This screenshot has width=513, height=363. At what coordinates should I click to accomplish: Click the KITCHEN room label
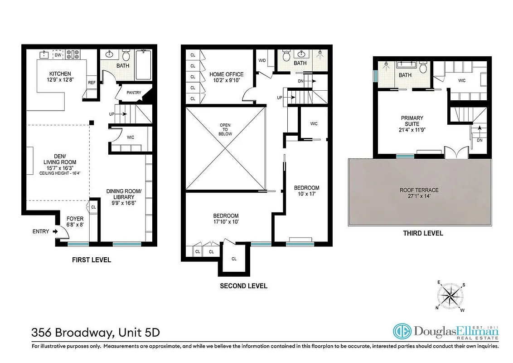pyautogui.click(x=60, y=74)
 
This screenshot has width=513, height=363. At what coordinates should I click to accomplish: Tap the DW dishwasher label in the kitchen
pyautogui.click(x=58, y=55)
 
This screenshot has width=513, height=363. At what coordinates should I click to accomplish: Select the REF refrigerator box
pyautogui.click(x=92, y=83)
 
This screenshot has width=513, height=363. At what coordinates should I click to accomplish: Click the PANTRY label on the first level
pyautogui.click(x=134, y=93)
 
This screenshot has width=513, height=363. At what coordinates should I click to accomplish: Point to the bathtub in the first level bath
pyautogui.click(x=144, y=66)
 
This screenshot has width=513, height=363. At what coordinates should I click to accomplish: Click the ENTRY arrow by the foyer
pyautogui.click(x=55, y=231)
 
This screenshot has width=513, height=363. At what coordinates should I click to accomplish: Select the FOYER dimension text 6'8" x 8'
pyautogui.click(x=75, y=225)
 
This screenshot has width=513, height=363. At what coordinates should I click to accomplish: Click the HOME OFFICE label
pyautogui.click(x=226, y=74)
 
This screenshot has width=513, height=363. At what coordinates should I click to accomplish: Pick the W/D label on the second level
pyautogui.click(x=262, y=60)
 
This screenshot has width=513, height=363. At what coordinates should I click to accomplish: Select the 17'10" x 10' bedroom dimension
pyautogui.click(x=226, y=222)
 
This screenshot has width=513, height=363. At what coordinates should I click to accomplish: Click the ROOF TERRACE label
pyautogui.click(x=420, y=190)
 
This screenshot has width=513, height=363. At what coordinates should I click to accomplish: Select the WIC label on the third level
pyautogui.click(x=462, y=81)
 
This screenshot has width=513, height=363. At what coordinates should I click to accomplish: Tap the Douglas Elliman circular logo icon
pyautogui.click(x=402, y=331)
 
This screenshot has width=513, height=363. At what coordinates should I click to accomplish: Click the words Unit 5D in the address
pyautogui.click(x=137, y=333)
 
